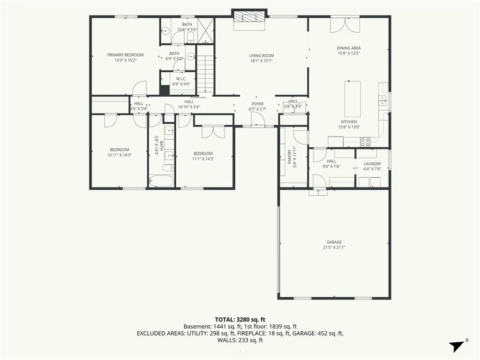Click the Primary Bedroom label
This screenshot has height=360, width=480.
[x=125, y=55]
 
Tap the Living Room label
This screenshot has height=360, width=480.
[x=261, y=56]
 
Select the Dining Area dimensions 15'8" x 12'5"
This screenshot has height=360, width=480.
[x=349, y=53]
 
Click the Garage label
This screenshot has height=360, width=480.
[x=334, y=242]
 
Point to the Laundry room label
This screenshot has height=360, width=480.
[x=372, y=164]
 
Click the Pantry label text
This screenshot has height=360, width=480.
[x=290, y=157]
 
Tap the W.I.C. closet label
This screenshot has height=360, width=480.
[x=181, y=79]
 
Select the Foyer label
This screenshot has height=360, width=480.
[x=257, y=104]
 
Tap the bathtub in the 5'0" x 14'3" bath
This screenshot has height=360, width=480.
[x=161, y=180]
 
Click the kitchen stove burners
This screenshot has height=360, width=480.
[x=365, y=142]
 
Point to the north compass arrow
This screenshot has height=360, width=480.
[x=456, y=346]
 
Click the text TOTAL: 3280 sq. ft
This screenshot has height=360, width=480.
[x=240, y=320]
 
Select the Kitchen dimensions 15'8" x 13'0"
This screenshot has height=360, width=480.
[x=349, y=127]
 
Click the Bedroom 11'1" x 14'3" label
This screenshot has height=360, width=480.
[x=203, y=156]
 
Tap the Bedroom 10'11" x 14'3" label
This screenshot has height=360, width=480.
[x=120, y=152]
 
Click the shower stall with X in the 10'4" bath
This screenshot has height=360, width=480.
[x=206, y=30]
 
